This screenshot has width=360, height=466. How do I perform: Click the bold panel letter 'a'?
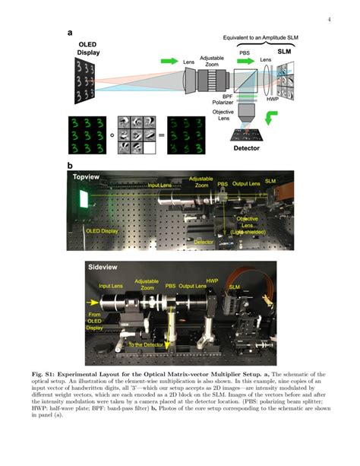point(70,33)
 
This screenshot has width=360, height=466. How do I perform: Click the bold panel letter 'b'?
point(70,165)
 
